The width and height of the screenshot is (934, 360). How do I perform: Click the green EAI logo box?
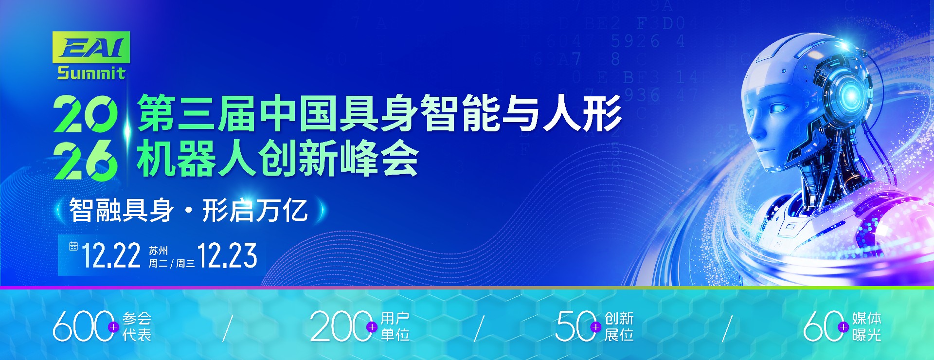(x=91, y=47)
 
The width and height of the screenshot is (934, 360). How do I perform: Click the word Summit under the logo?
(x=91, y=73)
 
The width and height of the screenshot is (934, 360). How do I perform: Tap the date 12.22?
(x=111, y=256)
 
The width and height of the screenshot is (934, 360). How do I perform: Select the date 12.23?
(x=227, y=256)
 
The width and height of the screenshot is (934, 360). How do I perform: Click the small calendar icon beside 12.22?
(x=73, y=246)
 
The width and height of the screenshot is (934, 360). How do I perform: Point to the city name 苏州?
(x=158, y=251)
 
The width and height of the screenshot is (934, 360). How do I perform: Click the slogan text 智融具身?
(x=121, y=210)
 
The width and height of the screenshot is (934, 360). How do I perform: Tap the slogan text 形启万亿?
(x=255, y=210)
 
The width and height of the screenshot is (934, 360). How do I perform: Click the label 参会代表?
(x=137, y=326)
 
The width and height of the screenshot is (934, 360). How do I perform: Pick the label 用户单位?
(x=395, y=326)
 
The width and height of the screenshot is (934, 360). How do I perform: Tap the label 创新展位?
(x=619, y=326)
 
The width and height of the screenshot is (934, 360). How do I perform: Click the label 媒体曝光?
(x=866, y=326)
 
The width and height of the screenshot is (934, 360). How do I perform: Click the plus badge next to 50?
(x=596, y=327)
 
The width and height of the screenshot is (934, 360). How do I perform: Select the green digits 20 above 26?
(x=86, y=113)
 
